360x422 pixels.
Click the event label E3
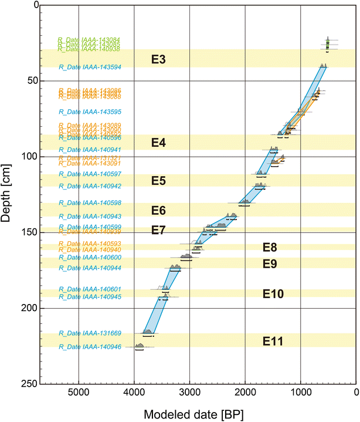pyautogui.click(x=158, y=59)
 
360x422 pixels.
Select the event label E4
pyautogui.click(x=158, y=143)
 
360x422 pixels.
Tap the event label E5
pyautogui.click(x=158, y=181)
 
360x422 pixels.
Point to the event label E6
pyautogui.click(x=158, y=211)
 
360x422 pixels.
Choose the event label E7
pyautogui.click(x=158, y=229)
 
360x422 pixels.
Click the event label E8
pyautogui.click(x=270, y=247)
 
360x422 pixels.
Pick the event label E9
pyautogui.click(x=270, y=264)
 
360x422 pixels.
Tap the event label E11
pyautogui.click(x=273, y=340)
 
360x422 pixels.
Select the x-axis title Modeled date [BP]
pyautogui.click(x=187, y=414)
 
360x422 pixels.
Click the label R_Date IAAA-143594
pyautogui.click(x=90, y=67)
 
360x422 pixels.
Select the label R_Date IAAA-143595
pyautogui.click(x=90, y=112)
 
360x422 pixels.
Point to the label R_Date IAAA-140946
pyautogui.click(x=90, y=347)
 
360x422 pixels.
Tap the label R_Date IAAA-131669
pyautogui.click(x=90, y=333)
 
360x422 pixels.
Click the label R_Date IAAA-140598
pyautogui.click(x=90, y=203)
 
